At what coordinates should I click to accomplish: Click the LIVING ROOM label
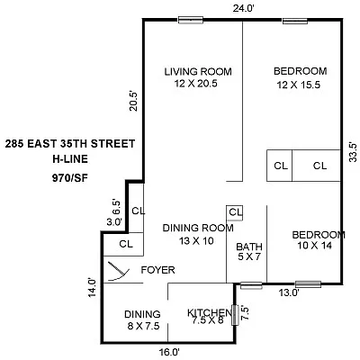[198, 71]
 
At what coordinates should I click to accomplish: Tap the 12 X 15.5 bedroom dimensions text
[300, 84]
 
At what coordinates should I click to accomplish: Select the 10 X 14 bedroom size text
[319, 246]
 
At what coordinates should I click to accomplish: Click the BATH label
[248, 247]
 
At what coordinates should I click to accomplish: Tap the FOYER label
[157, 270]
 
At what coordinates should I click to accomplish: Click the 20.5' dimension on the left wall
[133, 100]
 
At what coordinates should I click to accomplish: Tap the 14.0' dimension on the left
[91, 287]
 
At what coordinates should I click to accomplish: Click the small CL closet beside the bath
[235, 212]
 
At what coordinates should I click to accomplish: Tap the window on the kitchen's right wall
[236, 314]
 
